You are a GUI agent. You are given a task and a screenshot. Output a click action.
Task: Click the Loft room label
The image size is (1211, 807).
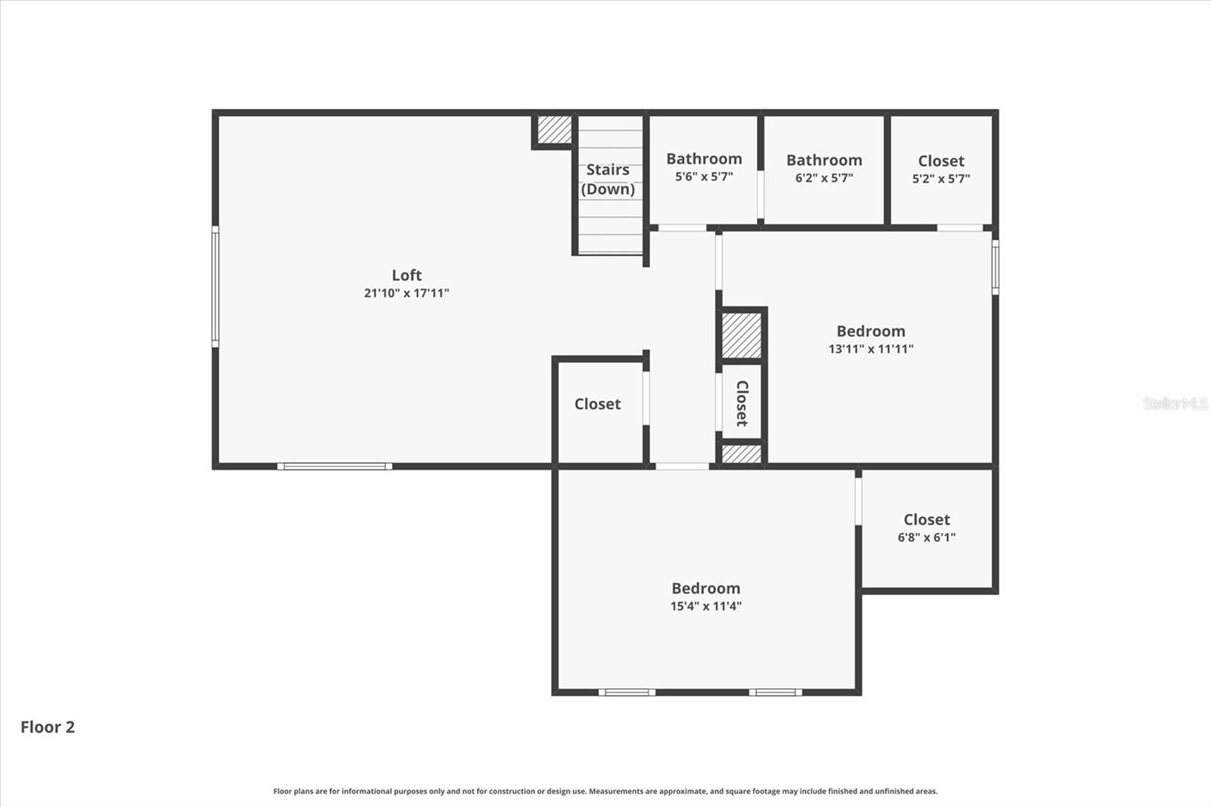(x=406, y=276)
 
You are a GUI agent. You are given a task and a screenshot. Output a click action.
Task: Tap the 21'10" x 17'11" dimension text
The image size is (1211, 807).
(x=406, y=293)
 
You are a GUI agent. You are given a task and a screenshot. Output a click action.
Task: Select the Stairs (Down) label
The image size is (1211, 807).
(x=608, y=179)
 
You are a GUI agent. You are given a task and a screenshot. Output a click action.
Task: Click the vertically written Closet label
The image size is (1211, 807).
(x=742, y=403)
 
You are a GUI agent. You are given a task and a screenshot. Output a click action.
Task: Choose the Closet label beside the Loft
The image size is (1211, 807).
(x=597, y=404)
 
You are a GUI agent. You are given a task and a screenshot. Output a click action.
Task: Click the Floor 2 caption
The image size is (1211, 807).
(x=48, y=727)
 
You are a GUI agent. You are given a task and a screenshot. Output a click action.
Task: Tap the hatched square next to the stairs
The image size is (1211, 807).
(x=554, y=129)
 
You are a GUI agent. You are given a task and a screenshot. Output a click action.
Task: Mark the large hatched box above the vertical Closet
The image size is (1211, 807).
(x=741, y=335)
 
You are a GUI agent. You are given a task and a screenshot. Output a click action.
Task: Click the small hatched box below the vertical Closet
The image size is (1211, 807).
(x=741, y=453)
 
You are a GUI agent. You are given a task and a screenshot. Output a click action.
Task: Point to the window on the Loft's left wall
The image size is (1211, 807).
(x=215, y=287)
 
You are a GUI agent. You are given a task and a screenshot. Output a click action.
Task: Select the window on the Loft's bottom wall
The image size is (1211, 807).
(x=335, y=466)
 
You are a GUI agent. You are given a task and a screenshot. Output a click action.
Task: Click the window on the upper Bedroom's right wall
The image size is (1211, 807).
(x=995, y=266)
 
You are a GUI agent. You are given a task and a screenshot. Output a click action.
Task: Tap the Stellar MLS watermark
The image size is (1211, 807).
(x=1175, y=403)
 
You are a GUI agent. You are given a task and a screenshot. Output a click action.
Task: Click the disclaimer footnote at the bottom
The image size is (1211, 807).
(x=605, y=791)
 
